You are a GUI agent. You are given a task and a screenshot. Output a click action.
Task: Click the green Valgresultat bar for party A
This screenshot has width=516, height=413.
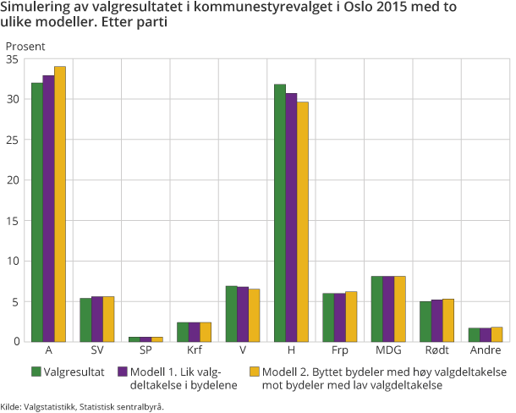[x=37, y=212]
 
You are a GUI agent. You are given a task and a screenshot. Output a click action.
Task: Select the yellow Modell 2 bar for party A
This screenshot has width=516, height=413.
[x=59, y=203]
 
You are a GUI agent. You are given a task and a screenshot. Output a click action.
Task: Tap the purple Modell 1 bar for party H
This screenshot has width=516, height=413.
[x=291, y=217]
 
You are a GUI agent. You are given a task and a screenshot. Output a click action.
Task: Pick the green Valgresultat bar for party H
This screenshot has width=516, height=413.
[x=279, y=212]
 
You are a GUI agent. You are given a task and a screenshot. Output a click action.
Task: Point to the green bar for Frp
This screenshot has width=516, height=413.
[x=328, y=317]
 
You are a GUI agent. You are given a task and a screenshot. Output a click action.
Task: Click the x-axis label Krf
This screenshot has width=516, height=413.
[x=194, y=350]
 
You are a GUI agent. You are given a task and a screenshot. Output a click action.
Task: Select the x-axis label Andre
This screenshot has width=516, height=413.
[x=485, y=350]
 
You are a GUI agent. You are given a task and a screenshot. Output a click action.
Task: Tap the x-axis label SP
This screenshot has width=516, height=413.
[x=145, y=350]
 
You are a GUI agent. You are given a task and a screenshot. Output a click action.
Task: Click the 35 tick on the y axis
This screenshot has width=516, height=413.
[x=12, y=59]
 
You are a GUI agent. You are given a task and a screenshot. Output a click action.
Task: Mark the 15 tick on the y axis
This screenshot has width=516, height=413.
[x=12, y=220]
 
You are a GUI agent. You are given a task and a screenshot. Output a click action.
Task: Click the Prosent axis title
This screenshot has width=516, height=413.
[x=25, y=46]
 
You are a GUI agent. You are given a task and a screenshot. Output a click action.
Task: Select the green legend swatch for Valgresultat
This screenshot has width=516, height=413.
[x=36, y=372]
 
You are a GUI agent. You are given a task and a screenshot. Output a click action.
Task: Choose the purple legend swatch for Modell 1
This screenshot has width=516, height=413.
[x=123, y=372]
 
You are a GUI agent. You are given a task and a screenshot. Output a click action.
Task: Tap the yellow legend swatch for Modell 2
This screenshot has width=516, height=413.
[x=255, y=372]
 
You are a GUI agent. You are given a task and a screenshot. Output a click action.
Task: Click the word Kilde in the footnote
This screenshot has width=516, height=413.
[x=12, y=405]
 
